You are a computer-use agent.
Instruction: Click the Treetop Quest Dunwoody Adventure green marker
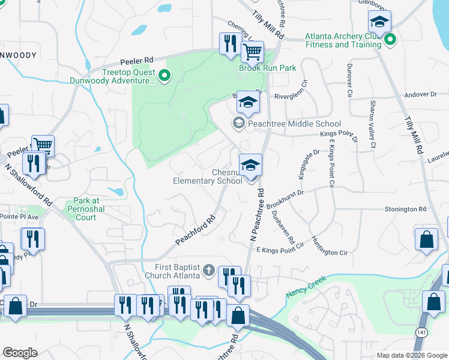[x=164, y=76]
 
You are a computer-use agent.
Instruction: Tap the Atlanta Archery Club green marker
[x=391, y=40]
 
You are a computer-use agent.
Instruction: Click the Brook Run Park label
[x=268, y=68]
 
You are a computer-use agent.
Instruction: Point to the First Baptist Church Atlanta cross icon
[x=209, y=270]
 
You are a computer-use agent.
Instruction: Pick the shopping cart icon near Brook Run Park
[x=253, y=53]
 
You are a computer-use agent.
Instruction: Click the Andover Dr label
[x=420, y=94]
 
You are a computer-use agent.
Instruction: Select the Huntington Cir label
[x=329, y=246]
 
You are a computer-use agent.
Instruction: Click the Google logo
[x=20, y=353]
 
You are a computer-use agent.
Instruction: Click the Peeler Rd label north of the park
[x=137, y=61]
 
